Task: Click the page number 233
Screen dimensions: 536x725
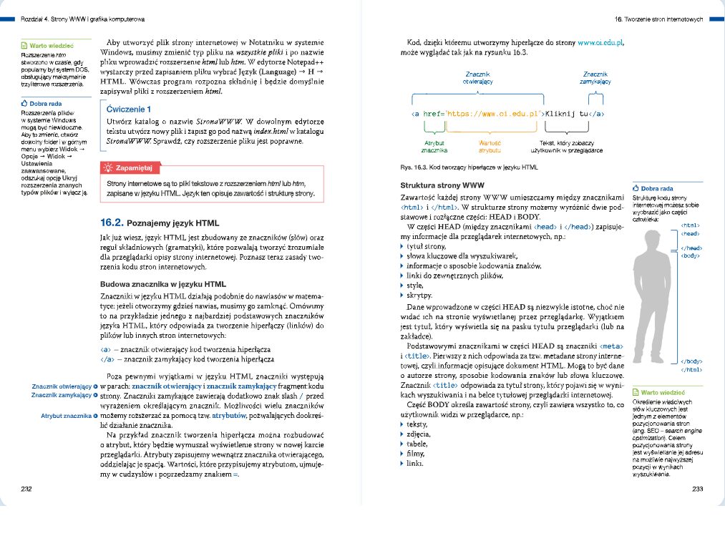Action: (699, 489)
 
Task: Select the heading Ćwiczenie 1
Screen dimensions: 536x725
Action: (128, 110)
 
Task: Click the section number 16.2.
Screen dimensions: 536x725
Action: (112, 223)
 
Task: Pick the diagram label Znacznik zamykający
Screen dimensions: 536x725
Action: (595, 78)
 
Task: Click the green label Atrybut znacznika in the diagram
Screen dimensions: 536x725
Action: (434, 147)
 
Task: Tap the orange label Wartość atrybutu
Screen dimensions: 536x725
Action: (490, 147)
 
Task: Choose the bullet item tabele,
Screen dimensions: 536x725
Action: (418, 444)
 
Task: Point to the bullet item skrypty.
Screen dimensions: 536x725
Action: (419, 296)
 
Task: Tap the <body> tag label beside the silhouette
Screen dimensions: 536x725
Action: (689, 255)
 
